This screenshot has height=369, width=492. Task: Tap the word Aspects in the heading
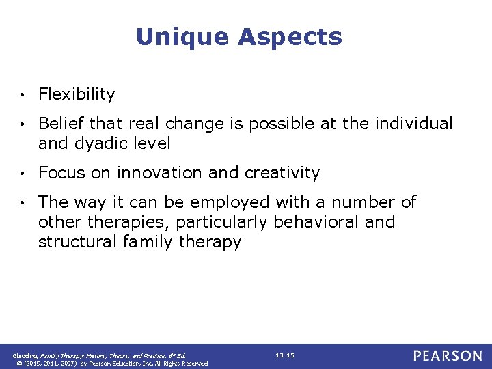point(290,37)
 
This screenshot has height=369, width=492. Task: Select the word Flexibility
point(77,94)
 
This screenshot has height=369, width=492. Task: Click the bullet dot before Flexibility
point(23,95)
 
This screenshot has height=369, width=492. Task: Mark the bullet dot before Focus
point(23,174)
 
